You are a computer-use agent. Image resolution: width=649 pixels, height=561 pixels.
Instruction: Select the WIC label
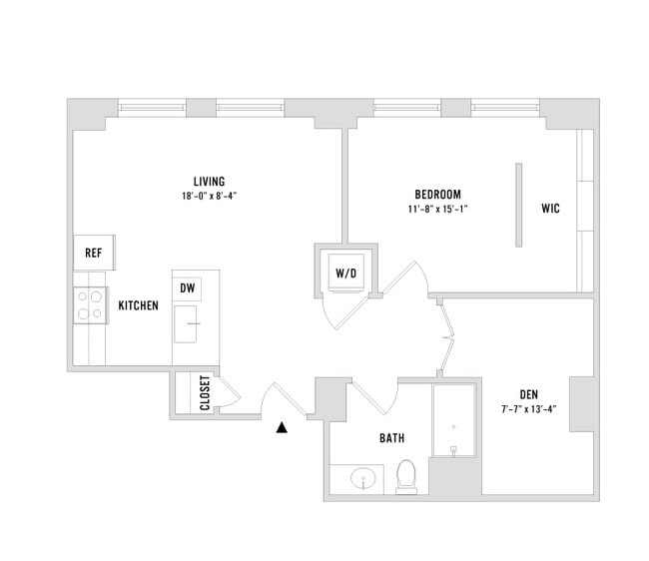tap(550, 209)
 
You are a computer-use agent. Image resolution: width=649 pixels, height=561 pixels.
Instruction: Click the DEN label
tap(528, 393)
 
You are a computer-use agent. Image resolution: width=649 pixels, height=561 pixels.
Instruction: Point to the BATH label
tap(391, 438)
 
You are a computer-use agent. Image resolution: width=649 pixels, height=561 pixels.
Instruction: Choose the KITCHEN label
tap(138, 305)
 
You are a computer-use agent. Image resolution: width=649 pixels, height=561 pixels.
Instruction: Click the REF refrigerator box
tap(94, 253)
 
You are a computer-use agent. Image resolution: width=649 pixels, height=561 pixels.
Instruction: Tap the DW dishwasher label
tap(187, 287)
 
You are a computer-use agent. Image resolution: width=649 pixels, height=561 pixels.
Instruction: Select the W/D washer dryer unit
tap(345, 271)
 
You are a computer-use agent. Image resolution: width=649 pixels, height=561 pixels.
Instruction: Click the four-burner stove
tap(90, 304)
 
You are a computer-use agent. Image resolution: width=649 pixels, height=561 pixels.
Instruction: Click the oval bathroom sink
tap(363, 479)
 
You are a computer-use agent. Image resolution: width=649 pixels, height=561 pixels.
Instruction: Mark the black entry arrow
tap(283, 427)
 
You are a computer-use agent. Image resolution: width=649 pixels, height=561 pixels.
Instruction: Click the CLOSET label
tap(205, 393)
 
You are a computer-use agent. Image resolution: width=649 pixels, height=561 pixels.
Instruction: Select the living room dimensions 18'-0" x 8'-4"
tap(208, 197)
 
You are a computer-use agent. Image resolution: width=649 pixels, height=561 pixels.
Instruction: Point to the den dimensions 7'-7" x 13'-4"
tap(528, 408)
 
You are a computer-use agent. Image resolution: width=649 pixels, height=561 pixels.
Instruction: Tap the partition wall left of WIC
tap(517, 204)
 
